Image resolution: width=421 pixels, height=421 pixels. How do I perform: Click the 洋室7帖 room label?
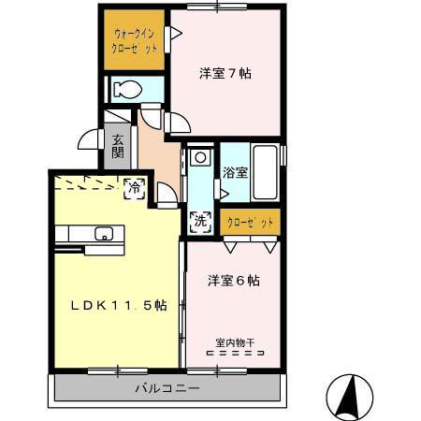point(225,73)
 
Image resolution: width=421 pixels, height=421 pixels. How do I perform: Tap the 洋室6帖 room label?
point(233,280)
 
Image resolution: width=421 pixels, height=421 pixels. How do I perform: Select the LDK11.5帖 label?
point(109,305)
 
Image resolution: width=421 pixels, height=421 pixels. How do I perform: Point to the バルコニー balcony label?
point(167,387)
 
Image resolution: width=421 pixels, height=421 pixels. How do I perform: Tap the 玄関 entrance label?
point(118,149)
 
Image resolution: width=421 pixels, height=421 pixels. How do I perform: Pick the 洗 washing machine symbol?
point(199,222)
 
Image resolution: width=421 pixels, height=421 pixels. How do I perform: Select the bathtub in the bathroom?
point(265,172)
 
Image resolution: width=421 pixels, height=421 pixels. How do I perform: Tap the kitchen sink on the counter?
point(103,234)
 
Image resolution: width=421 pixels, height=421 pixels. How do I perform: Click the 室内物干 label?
point(234,342)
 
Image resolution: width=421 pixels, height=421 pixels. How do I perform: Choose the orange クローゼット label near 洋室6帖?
point(251,222)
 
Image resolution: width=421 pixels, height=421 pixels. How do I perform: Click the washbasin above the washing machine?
point(198,157)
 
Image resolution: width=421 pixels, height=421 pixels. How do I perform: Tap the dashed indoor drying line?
point(234,354)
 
